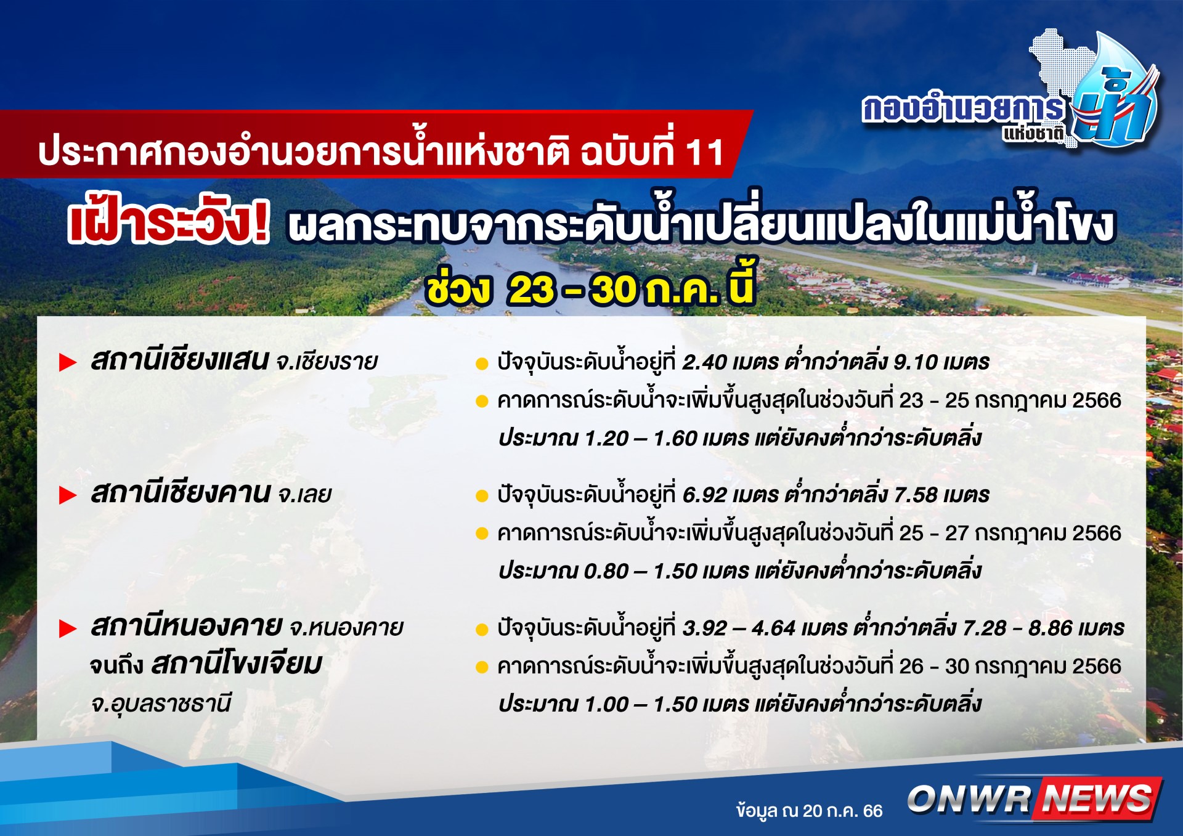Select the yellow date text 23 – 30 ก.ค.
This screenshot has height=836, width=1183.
click(612, 288)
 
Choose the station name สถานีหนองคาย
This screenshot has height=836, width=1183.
click(186, 627)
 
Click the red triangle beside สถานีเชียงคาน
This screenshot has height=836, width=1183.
click(68, 495)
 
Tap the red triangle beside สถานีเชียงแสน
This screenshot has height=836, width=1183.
click(68, 363)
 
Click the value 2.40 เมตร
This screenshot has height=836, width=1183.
click(730, 362)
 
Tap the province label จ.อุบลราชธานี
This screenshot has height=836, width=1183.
click(161, 704)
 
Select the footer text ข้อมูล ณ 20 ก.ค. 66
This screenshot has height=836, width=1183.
click(809, 811)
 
